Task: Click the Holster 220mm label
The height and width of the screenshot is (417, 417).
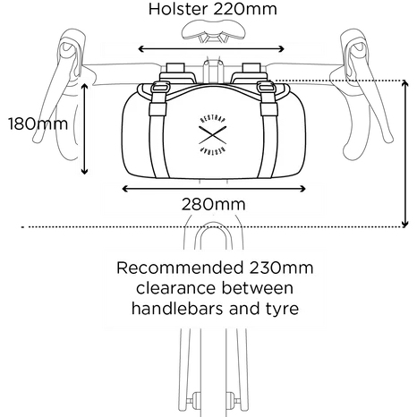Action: click(x=213, y=9)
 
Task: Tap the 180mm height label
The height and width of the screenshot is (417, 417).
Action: click(x=38, y=123)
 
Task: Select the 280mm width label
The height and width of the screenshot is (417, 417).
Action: click(x=214, y=204)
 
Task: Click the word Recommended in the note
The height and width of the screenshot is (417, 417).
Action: click(x=180, y=268)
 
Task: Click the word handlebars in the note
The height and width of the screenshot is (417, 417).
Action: click(x=178, y=308)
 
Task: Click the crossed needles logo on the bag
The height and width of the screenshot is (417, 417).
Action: click(x=212, y=135)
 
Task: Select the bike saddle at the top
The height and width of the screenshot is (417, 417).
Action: click(x=214, y=30)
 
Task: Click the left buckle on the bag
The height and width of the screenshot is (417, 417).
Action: click(x=160, y=88)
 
